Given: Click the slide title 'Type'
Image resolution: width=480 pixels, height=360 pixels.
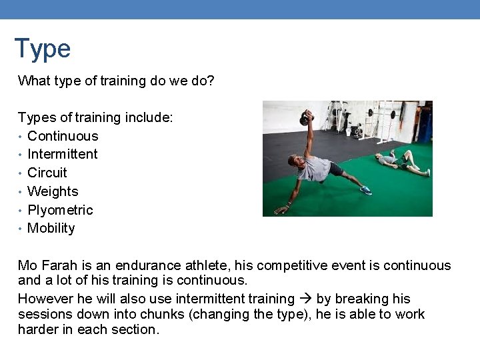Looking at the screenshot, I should (42, 49).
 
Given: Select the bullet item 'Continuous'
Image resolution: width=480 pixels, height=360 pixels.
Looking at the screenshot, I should (63, 136).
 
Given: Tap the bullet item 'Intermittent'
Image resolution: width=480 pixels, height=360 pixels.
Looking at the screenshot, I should (63, 154).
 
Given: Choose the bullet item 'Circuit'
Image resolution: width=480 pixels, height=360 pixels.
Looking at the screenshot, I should (47, 173).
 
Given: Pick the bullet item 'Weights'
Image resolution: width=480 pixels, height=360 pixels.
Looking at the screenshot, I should (53, 191).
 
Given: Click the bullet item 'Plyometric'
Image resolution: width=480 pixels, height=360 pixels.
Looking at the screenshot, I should (60, 210).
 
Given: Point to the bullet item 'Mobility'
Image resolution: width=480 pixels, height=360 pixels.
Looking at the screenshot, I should (51, 228).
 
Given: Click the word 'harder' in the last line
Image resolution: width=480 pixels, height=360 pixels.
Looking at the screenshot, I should (39, 329).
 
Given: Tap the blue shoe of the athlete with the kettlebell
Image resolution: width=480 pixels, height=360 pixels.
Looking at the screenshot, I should (365, 190).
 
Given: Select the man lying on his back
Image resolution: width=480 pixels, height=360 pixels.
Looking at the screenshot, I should (400, 161).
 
